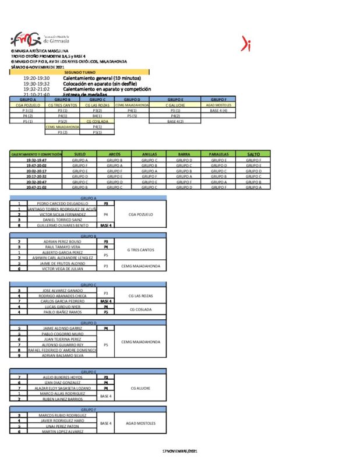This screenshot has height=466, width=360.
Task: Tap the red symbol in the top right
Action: tap(246, 43)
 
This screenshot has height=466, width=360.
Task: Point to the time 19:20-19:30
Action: tap(37, 78)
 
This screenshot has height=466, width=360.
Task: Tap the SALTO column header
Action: tap(253, 154)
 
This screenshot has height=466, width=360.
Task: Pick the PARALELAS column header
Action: tap(218, 154)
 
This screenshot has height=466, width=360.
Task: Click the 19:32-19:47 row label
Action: tap(36, 160)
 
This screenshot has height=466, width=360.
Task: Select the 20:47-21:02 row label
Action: tap(36, 188)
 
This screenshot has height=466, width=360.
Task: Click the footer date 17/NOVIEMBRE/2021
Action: tap(180, 451)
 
